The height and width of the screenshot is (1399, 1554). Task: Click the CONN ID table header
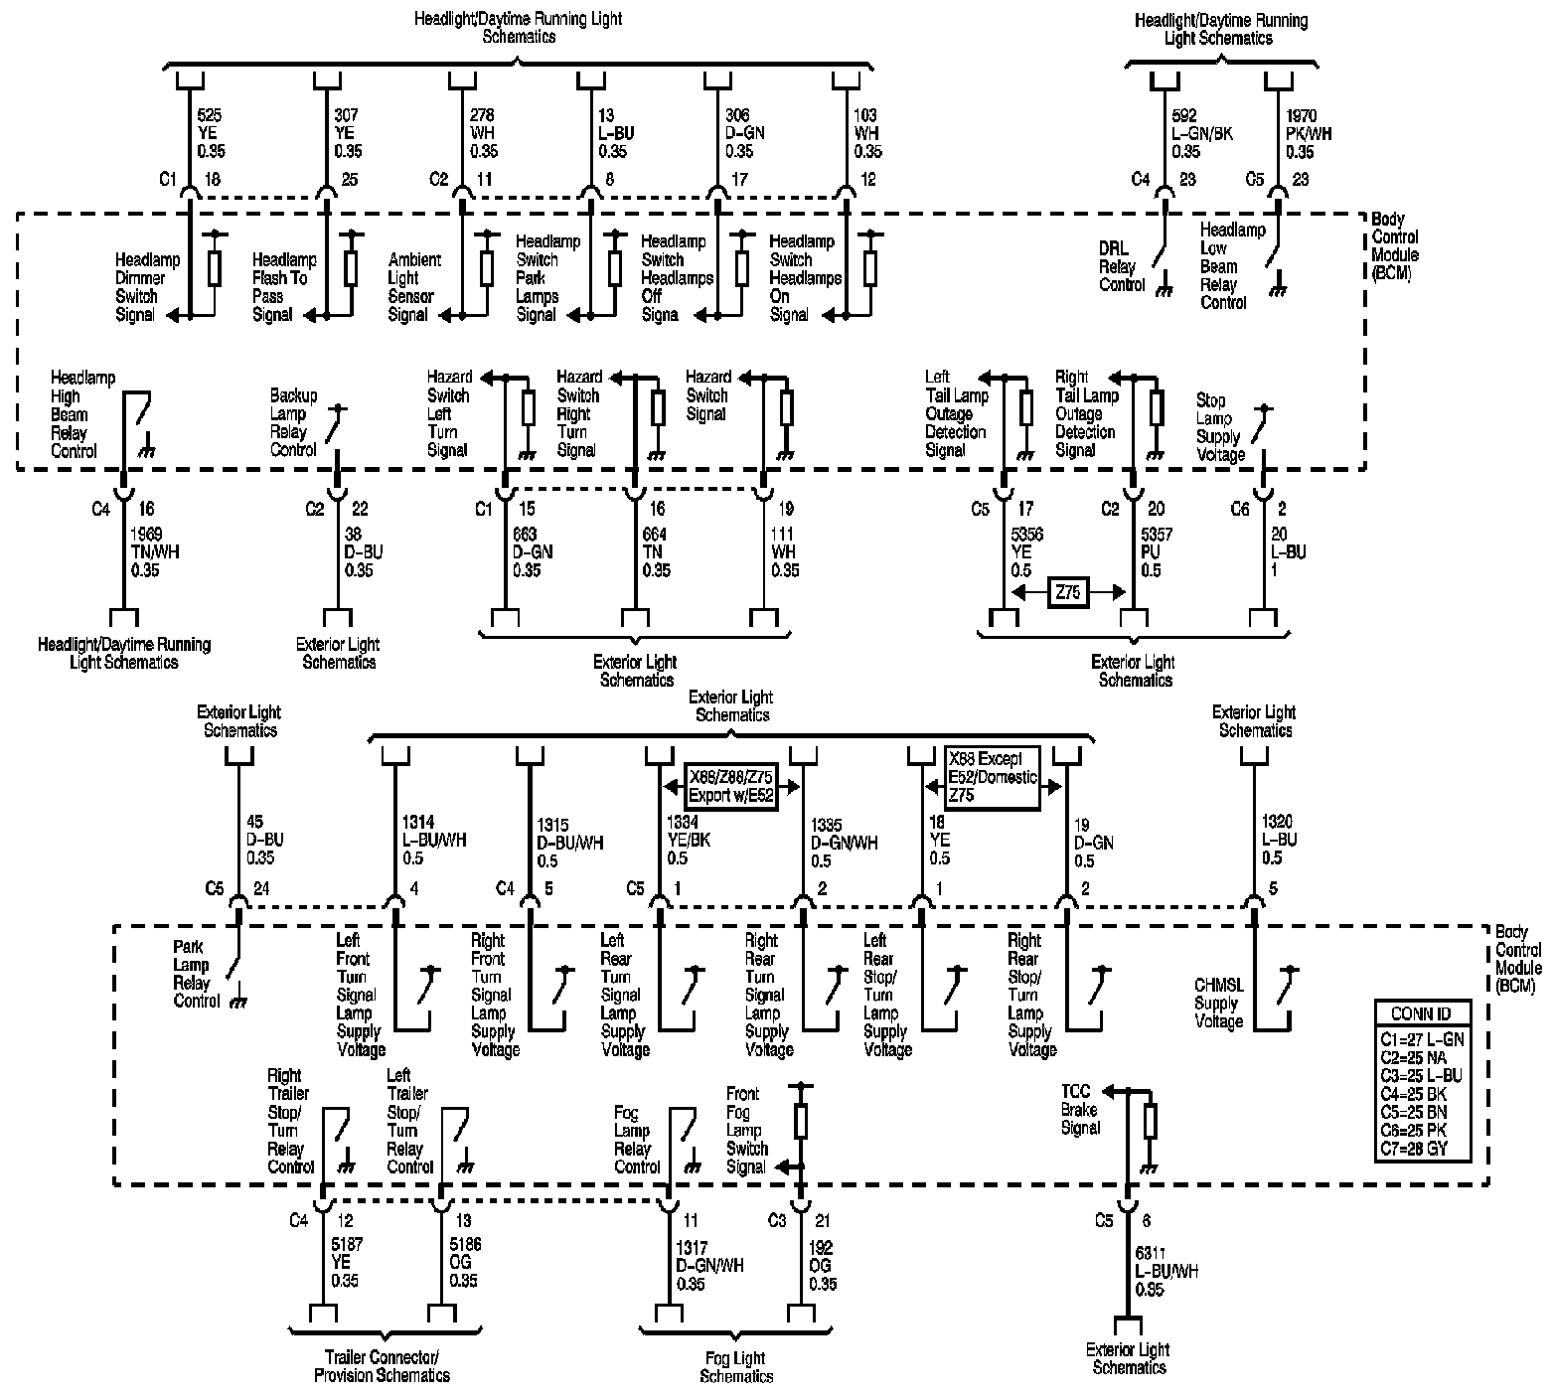tap(1420, 1013)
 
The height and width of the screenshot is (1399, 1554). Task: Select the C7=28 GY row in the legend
tap(1420, 1148)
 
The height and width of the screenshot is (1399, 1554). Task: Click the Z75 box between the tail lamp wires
tap(1068, 593)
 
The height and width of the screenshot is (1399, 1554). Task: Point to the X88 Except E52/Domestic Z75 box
tap(992, 775)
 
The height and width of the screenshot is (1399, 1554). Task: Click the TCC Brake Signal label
tap(1081, 1109)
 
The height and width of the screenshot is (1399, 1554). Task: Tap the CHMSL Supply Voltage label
tap(1218, 1003)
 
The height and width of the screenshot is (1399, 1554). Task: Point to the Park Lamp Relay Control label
tap(196, 974)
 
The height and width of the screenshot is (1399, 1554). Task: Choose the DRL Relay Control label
tap(1121, 266)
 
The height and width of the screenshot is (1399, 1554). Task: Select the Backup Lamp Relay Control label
tap(293, 422)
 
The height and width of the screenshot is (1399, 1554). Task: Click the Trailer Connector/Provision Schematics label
tap(383, 1366)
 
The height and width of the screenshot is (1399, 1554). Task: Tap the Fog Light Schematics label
tap(735, 1367)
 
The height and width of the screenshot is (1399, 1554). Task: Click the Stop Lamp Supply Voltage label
tap(1219, 427)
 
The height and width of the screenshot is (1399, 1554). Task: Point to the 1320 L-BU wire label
tap(1277, 840)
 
